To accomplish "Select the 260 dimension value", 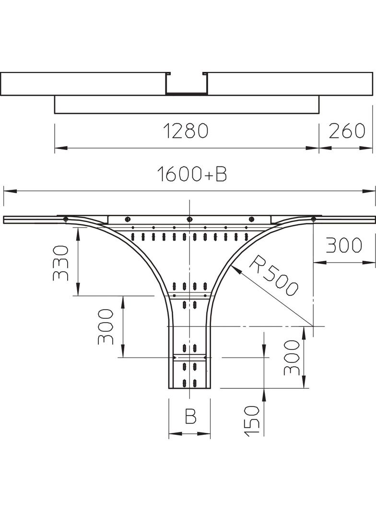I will [x=347, y=131].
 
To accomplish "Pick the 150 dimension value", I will [x=252, y=420].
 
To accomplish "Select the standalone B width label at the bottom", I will [x=190, y=417].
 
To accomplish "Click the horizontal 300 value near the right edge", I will [x=344, y=245].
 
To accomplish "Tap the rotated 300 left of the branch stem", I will [x=106, y=326].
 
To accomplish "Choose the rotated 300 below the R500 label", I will [x=291, y=357].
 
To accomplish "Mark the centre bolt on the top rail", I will [x=189, y=220].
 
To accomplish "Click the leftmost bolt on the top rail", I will [x=65, y=220].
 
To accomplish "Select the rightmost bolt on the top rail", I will [x=313, y=220].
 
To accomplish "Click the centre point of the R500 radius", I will [x=313, y=326].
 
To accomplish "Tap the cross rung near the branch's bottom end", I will [x=190, y=358].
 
